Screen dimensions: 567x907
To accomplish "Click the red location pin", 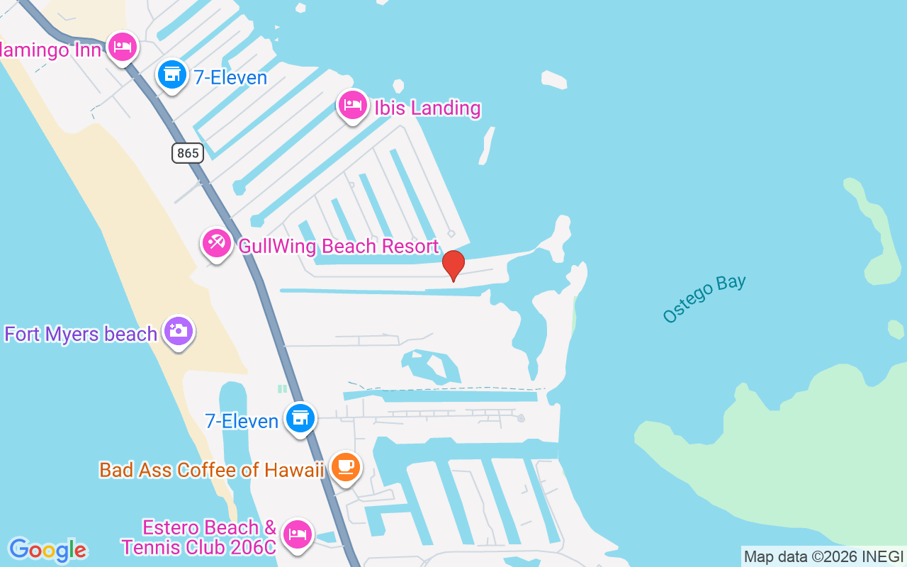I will point(453,264).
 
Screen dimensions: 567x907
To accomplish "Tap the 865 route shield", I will point(187,152).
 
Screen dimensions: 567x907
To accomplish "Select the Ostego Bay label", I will point(704,298).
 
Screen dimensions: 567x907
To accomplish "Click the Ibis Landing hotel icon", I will point(352,106).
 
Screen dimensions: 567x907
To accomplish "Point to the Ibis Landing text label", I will point(428,108).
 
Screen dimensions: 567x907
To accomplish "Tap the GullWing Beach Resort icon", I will point(216,244).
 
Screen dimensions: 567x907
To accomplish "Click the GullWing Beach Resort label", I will point(339,247).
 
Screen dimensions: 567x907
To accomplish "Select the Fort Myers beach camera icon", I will point(179,331).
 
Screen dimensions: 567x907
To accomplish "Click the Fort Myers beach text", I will point(81,334).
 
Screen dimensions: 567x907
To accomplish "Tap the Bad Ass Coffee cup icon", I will point(346,467).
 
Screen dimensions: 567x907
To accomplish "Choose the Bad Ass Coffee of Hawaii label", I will point(211,470).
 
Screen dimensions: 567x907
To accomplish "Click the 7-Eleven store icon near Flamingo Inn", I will point(171,74).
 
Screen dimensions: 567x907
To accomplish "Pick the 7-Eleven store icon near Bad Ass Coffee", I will point(300,418).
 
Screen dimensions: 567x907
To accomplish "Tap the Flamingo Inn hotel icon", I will point(123,47).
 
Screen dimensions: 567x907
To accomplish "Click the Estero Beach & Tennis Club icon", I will point(297,534).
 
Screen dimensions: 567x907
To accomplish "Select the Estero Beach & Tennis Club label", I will point(199,537).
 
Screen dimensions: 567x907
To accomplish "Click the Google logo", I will point(47,550).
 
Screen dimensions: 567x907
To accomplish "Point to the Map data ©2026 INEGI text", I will point(823,556).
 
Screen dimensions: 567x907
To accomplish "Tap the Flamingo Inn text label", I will point(50,50).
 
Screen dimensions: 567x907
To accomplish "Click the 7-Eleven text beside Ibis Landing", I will point(230,77).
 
